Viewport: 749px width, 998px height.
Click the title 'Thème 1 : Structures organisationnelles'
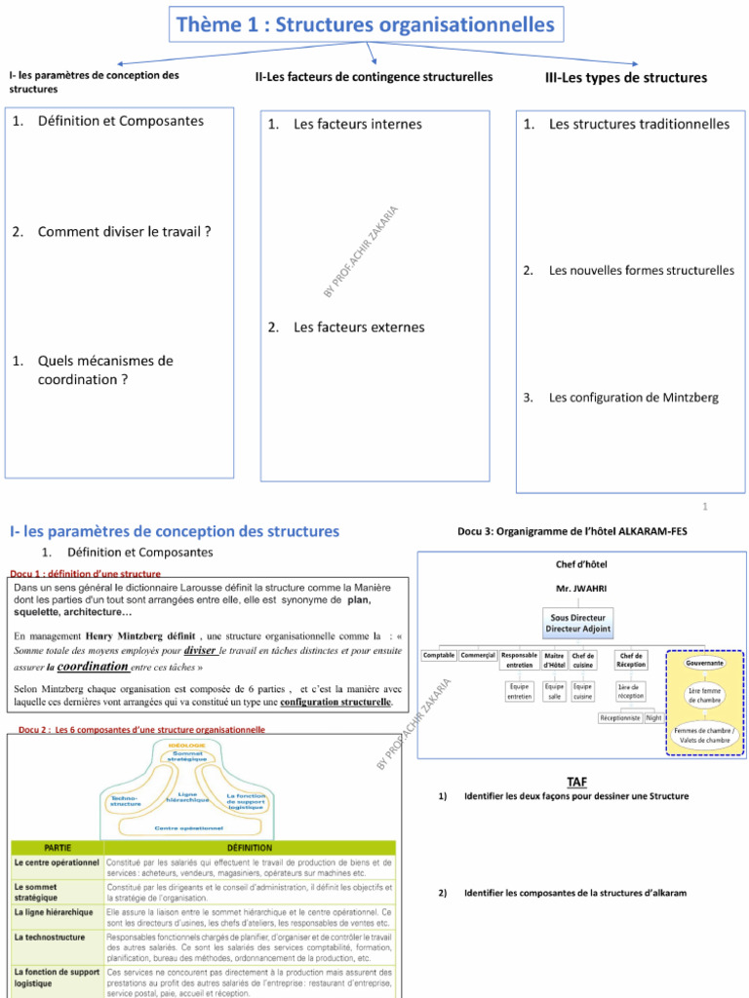click(x=365, y=24)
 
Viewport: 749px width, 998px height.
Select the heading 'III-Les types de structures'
click(x=625, y=77)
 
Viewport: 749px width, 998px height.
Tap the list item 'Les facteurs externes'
click(x=358, y=327)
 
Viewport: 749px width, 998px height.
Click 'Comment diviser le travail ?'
click(x=124, y=232)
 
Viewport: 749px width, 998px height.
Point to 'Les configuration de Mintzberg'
click(x=633, y=398)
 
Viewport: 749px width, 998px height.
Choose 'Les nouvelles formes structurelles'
click(x=641, y=270)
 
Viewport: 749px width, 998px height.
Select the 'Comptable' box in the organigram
click(x=439, y=655)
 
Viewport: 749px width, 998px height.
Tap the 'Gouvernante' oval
click(x=705, y=663)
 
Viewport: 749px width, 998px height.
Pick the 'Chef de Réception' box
click(x=631, y=660)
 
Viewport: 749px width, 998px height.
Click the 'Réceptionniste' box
click(x=621, y=717)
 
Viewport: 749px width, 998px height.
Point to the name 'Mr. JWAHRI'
click(x=574, y=589)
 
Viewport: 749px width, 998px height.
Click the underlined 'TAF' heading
click(x=577, y=782)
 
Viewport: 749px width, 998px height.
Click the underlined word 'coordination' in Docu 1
click(x=94, y=668)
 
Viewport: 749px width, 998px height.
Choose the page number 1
click(x=705, y=507)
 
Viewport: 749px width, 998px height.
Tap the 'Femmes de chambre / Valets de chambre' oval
click(x=704, y=735)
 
